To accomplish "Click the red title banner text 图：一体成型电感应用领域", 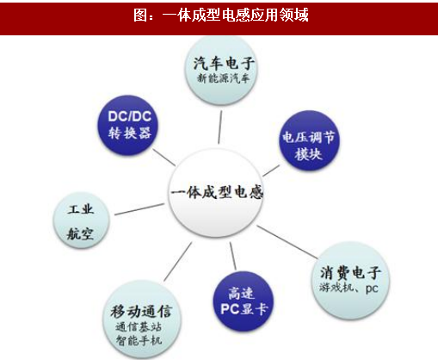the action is (x=221, y=15).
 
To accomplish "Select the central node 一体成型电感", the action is (x=216, y=193).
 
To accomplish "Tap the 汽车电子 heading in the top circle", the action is (x=224, y=63).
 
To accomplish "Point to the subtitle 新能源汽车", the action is (x=224, y=78).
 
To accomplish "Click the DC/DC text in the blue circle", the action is (x=130, y=116).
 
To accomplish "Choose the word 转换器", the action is (x=130, y=133).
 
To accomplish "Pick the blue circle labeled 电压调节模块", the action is (x=309, y=140).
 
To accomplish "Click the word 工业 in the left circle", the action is (x=81, y=209).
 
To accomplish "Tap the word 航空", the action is (x=80, y=233).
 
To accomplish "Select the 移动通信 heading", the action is (x=141, y=312).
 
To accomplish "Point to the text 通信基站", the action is (x=139, y=327).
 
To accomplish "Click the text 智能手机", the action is (x=139, y=340).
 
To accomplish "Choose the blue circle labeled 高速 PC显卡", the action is (x=244, y=301).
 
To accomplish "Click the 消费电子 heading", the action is (x=350, y=272).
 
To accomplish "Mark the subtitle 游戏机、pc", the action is (x=349, y=288).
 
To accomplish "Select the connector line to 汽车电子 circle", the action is (x=220, y=127).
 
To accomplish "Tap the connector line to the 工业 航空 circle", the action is (x=139, y=209).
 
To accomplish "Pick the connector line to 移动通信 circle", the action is (x=178, y=262).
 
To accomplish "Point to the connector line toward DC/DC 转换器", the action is (x=163, y=157).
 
